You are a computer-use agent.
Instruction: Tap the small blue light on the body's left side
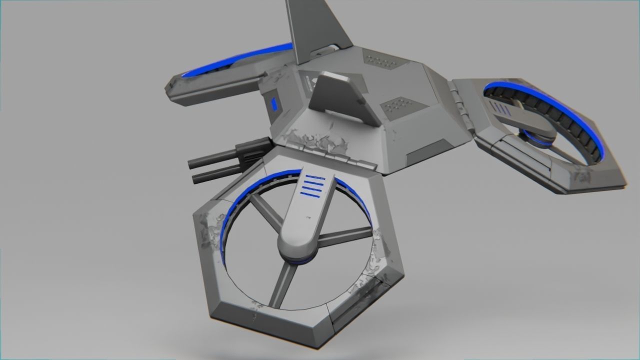click(x=273, y=103)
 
